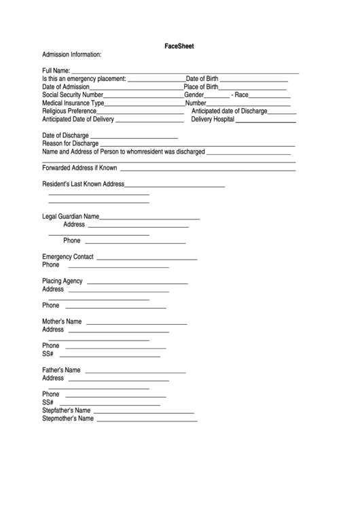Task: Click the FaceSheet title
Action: [180, 46]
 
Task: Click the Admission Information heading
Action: [72, 54]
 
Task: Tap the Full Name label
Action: [56, 71]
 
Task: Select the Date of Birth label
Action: [202, 79]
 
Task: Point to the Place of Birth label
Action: [201, 87]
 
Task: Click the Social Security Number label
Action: [73, 95]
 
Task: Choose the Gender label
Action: [194, 95]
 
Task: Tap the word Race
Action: [242, 95]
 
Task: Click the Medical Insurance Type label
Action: [73, 103]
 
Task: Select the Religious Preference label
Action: [69, 111]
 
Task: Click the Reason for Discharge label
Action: [71, 143]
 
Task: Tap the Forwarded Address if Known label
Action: [79, 168]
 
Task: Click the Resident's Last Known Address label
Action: [84, 184]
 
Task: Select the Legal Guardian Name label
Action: [71, 216]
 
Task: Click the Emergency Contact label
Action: [68, 257]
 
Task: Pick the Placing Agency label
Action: [62, 281]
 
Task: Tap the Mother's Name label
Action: [62, 321]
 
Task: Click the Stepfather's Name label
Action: [67, 410]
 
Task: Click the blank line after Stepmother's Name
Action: [147, 421]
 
